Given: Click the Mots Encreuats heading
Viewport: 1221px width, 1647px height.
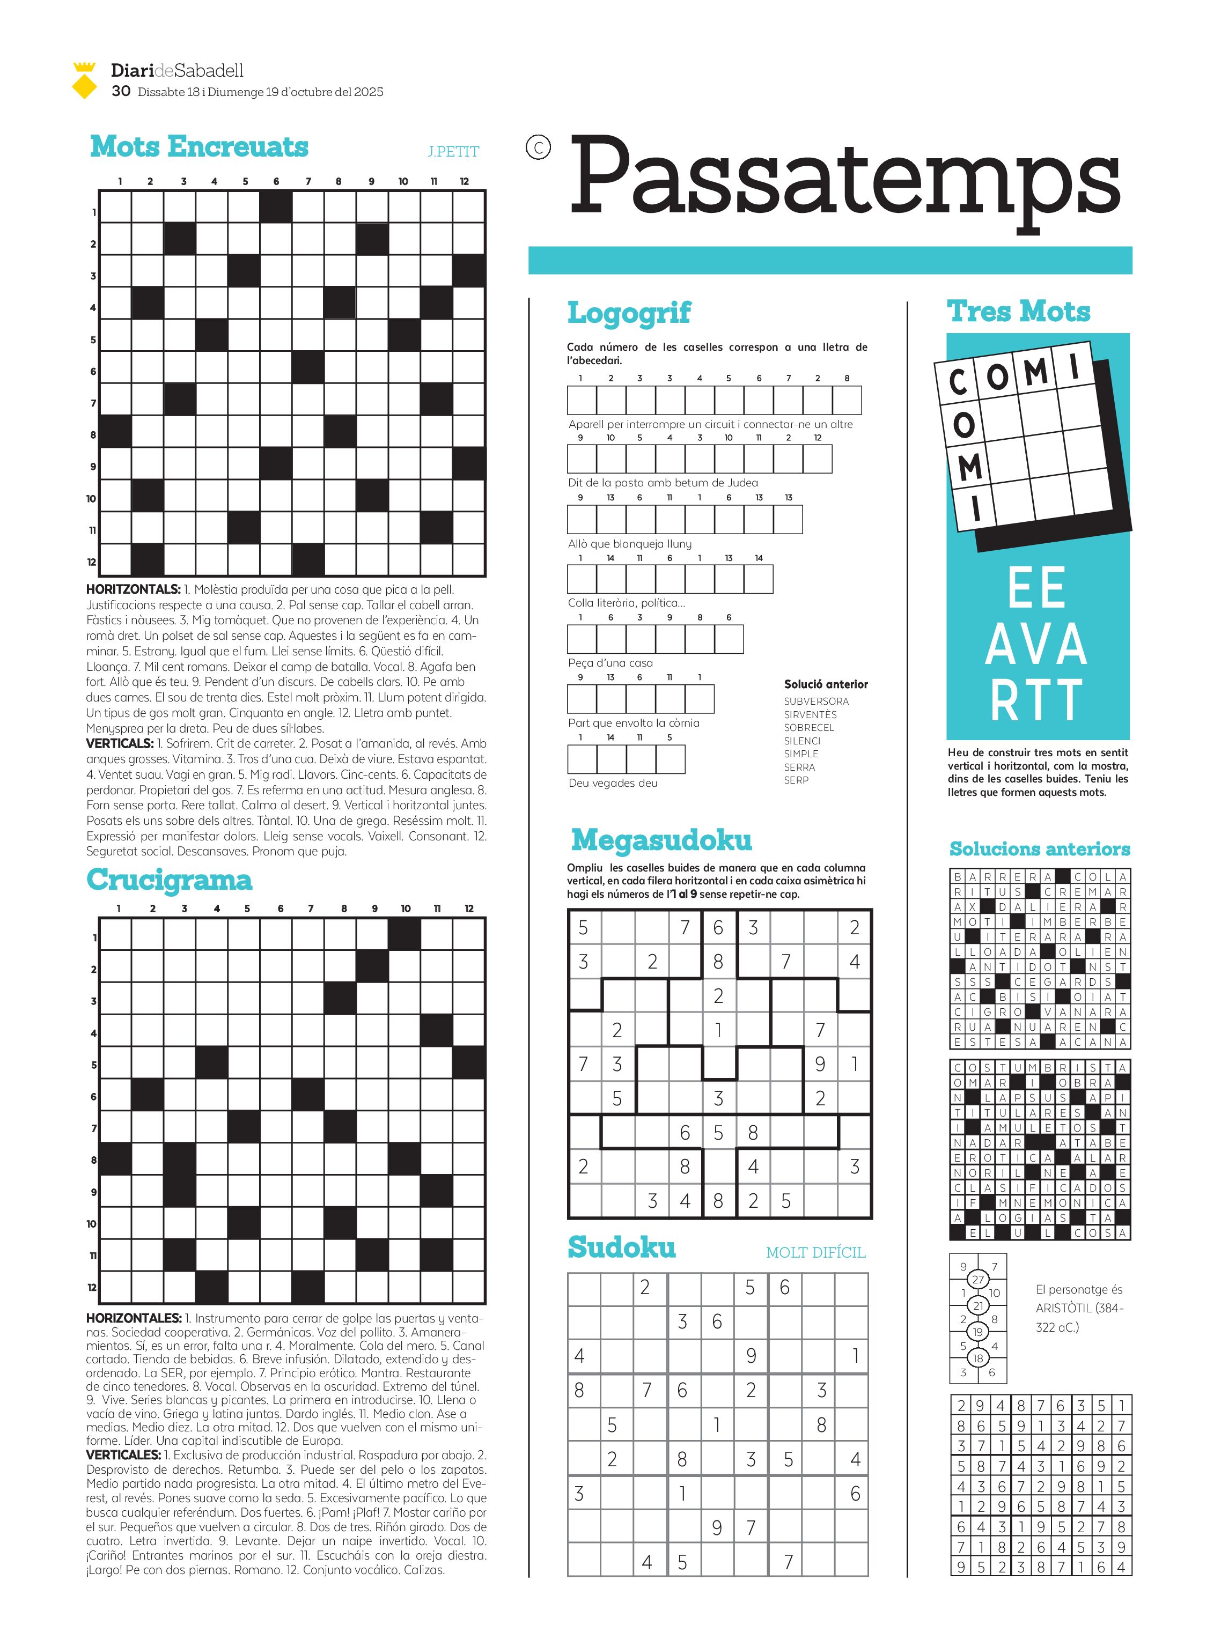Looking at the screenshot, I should pyautogui.click(x=199, y=146).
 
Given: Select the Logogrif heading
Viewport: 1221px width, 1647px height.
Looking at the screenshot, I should pyautogui.click(x=628, y=313).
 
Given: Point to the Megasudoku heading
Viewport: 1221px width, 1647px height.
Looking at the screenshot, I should pyautogui.click(x=661, y=839).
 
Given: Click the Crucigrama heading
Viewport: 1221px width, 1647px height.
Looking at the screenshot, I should pyautogui.click(x=169, y=880).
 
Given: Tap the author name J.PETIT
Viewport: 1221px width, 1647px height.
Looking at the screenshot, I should pyautogui.click(x=453, y=151).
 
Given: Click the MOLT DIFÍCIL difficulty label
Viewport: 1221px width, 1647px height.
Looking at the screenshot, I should pyautogui.click(x=815, y=1252).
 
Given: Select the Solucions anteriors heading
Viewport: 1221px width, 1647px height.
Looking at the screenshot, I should pyautogui.click(x=1039, y=849).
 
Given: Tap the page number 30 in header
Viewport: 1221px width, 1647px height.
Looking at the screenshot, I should pyautogui.click(x=121, y=91).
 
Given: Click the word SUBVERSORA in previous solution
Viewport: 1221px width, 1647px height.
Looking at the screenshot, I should pyautogui.click(x=816, y=701).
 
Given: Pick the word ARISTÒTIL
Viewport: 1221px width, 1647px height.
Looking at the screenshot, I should pyautogui.click(x=1063, y=1308).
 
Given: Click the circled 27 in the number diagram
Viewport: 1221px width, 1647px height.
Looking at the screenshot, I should pyautogui.click(x=978, y=1279).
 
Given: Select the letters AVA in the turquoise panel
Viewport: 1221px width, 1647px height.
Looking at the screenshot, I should pyautogui.click(x=1036, y=644).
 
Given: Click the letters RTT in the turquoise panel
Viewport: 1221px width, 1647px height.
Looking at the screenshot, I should pyautogui.click(x=1036, y=700).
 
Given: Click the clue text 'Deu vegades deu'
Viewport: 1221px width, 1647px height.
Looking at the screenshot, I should pyautogui.click(x=613, y=783).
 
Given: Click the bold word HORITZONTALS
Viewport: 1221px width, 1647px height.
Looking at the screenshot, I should pyautogui.click(x=133, y=589).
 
